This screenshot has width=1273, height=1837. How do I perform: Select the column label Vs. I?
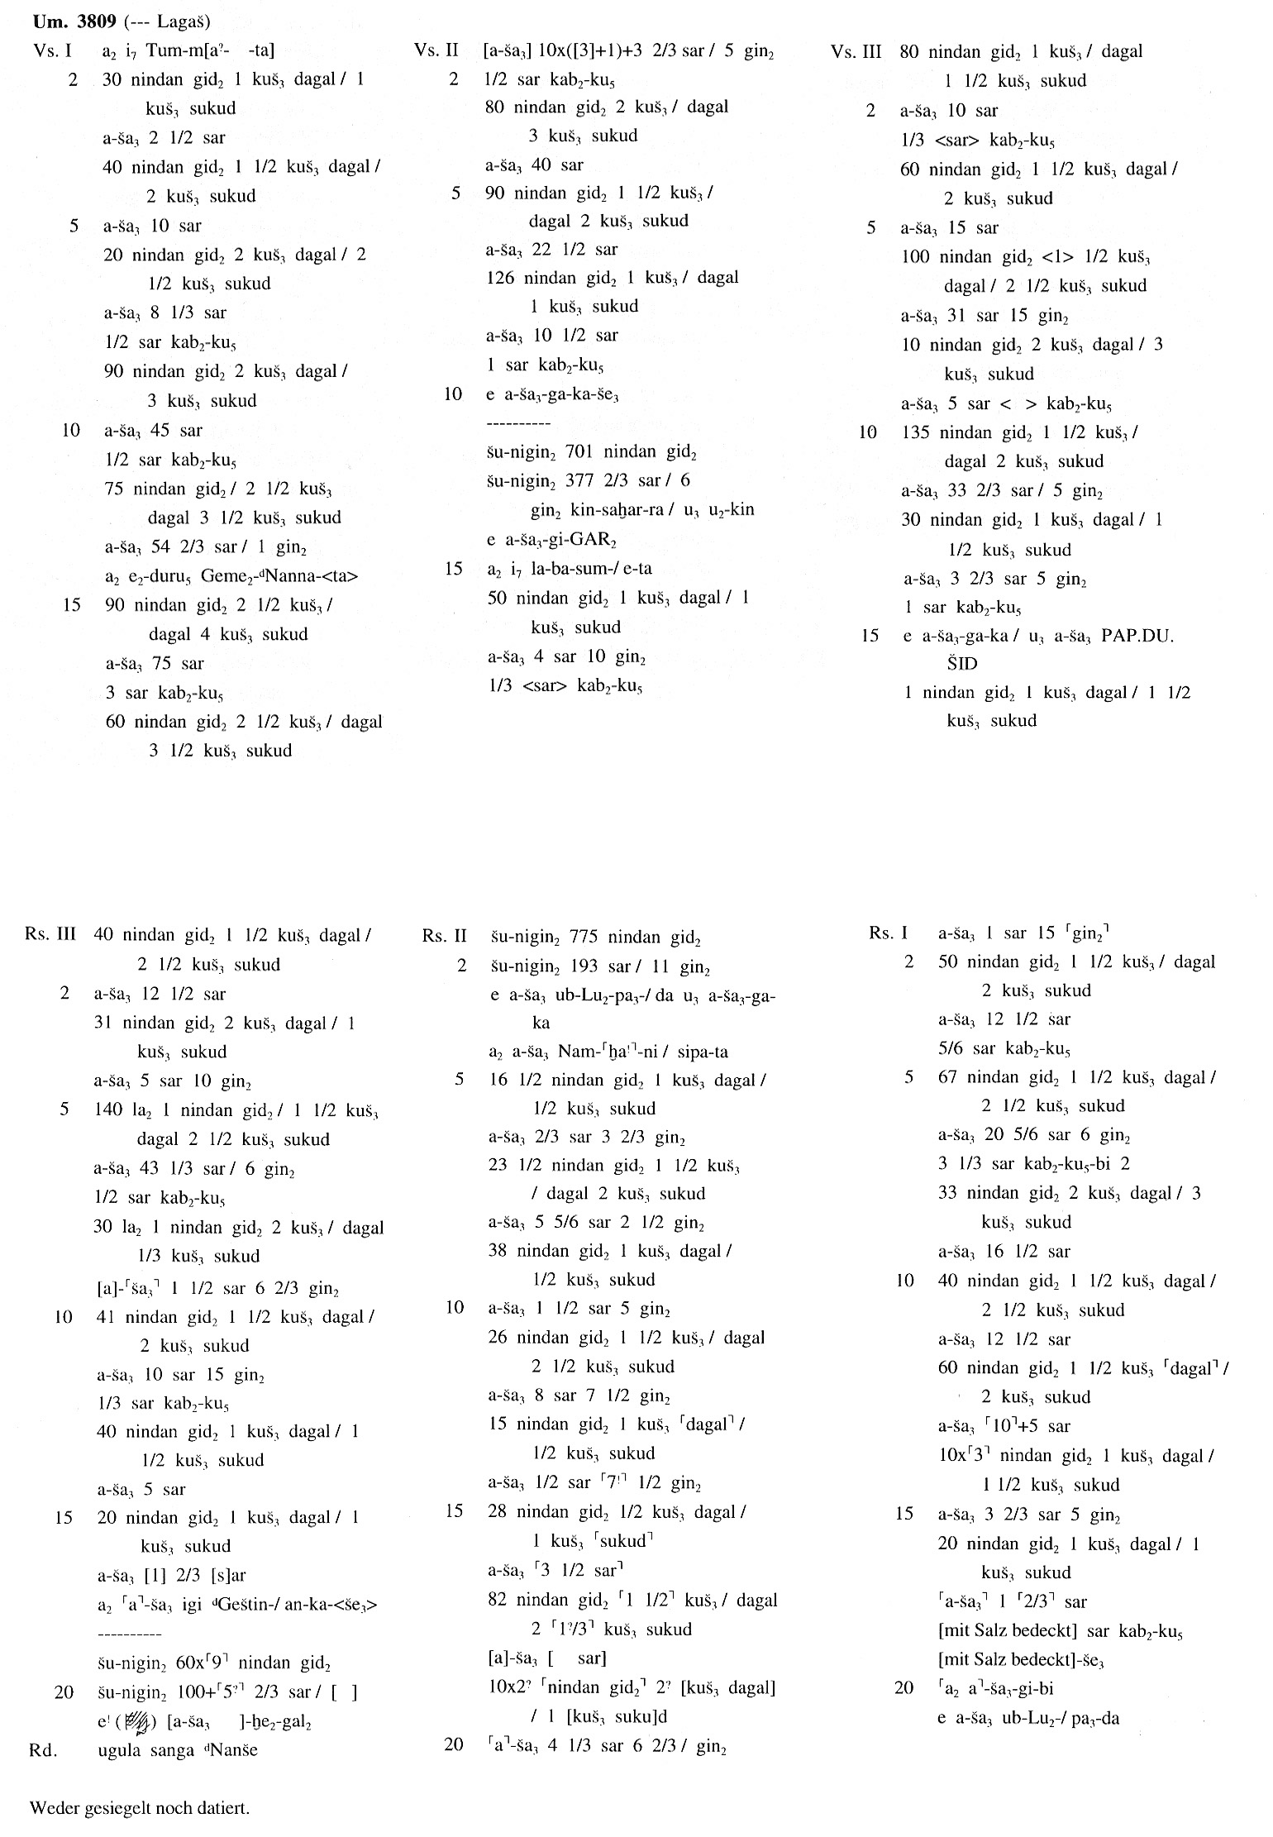tap(53, 50)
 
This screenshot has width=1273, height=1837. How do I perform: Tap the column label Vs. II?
tap(436, 50)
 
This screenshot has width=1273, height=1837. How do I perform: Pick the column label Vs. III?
tap(856, 51)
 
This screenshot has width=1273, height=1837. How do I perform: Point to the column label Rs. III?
tap(50, 935)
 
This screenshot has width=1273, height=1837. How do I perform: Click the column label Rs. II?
tap(444, 937)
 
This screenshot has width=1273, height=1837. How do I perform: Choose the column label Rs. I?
tap(888, 933)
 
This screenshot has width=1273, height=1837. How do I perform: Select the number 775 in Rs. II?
tap(585, 937)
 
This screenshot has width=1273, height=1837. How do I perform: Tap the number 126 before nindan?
tap(501, 277)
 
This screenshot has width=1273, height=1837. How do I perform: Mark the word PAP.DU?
tap(1137, 636)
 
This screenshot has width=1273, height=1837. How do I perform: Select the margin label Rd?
tap(42, 1750)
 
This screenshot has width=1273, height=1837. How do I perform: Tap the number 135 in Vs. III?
tap(917, 432)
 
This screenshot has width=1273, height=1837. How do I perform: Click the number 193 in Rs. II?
tap(585, 966)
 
